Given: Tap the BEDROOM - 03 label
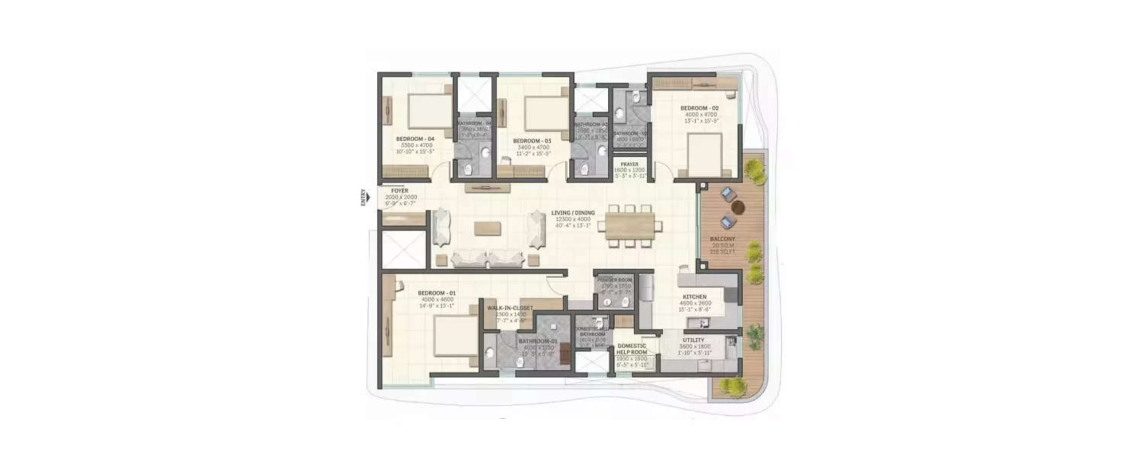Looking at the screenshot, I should tap(531, 141).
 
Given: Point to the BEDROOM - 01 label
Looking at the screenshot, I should tap(436, 292).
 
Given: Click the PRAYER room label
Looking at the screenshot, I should tap(629, 164).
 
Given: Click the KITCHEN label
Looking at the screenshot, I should tap(694, 296).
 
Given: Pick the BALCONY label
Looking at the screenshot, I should tap(721, 238).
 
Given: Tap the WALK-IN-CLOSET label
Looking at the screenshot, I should tap(510, 308).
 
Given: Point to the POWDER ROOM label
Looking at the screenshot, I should tap(614, 280).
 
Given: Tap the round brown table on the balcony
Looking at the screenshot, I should tap(737, 206).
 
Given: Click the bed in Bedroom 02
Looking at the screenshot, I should tap(702, 154).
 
